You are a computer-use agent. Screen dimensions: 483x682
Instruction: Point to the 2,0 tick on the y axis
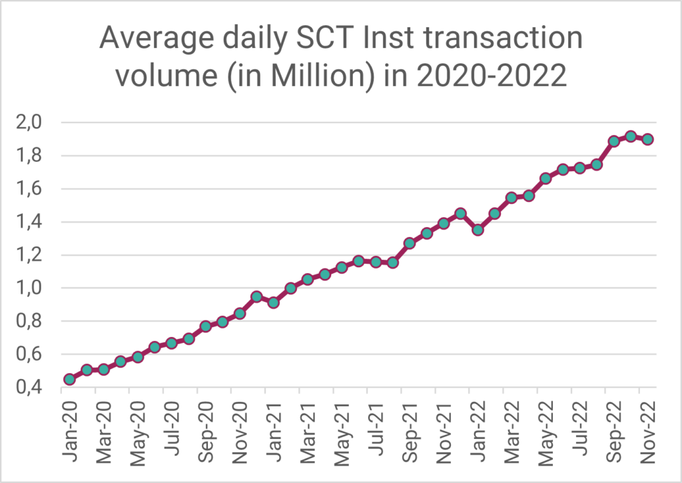pos(31,123)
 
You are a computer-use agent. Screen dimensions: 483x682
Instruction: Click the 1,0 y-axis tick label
pos(31,288)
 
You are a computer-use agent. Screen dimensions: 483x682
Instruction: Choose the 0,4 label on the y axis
pos(31,388)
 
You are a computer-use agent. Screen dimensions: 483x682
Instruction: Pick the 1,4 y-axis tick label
pos(31,222)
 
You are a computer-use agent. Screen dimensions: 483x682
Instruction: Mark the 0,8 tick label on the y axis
pos(31,321)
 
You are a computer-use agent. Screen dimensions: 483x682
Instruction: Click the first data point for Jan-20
pos(69,379)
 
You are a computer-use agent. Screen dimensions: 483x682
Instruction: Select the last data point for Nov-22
pos(647,139)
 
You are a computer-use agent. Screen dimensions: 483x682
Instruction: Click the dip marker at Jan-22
pos(478,230)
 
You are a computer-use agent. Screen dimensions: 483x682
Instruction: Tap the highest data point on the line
pos(631,137)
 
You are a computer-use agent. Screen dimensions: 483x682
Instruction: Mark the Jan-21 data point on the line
pos(273,302)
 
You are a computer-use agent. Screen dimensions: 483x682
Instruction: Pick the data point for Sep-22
pos(613,141)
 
